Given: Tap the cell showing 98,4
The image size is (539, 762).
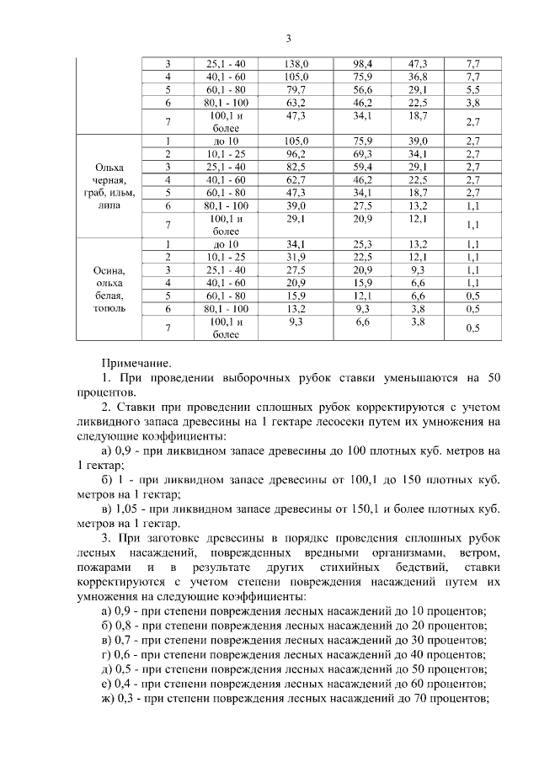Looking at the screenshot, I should tap(363, 63).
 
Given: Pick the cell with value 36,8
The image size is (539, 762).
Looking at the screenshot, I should tap(418, 77).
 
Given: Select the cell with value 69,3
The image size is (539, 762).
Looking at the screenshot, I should tap(363, 154).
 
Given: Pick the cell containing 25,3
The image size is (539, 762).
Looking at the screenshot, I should tap(363, 244).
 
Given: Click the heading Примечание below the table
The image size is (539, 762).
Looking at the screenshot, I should tap(136, 363).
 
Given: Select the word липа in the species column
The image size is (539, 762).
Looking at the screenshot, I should tap(110, 205).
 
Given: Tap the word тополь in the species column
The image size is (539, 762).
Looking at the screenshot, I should tap(110, 308).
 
